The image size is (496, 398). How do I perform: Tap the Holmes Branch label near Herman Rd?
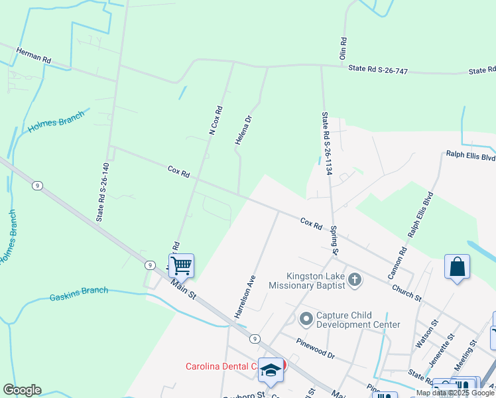pyautogui.click(x=56, y=121)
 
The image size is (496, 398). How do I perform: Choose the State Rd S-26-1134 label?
pyautogui.click(x=326, y=143)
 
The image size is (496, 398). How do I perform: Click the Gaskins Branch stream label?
pyautogui.click(x=78, y=294)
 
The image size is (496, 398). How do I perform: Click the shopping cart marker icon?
pyautogui.click(x=181, y=266)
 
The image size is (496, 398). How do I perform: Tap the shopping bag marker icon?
pyautogui.click(x=457, y=267)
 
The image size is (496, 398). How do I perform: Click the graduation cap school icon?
pyautogui.click(x=271, y=370)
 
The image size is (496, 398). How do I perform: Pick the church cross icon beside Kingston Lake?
pyautogui.click(x=355, y=279)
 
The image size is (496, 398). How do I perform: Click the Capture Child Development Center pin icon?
pyautogui.click(x=306, y=320)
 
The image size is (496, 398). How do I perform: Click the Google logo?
pyautogui.click(x=22, y=390)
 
